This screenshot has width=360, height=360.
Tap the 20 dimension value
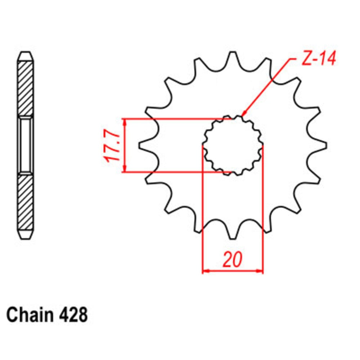coord(233,260)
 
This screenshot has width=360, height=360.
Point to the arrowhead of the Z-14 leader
coord(243,115)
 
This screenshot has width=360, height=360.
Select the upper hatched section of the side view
coord(26,88)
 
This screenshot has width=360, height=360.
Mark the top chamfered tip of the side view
coord(26,57)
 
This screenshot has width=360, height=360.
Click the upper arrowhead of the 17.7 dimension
coord(125,122)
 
